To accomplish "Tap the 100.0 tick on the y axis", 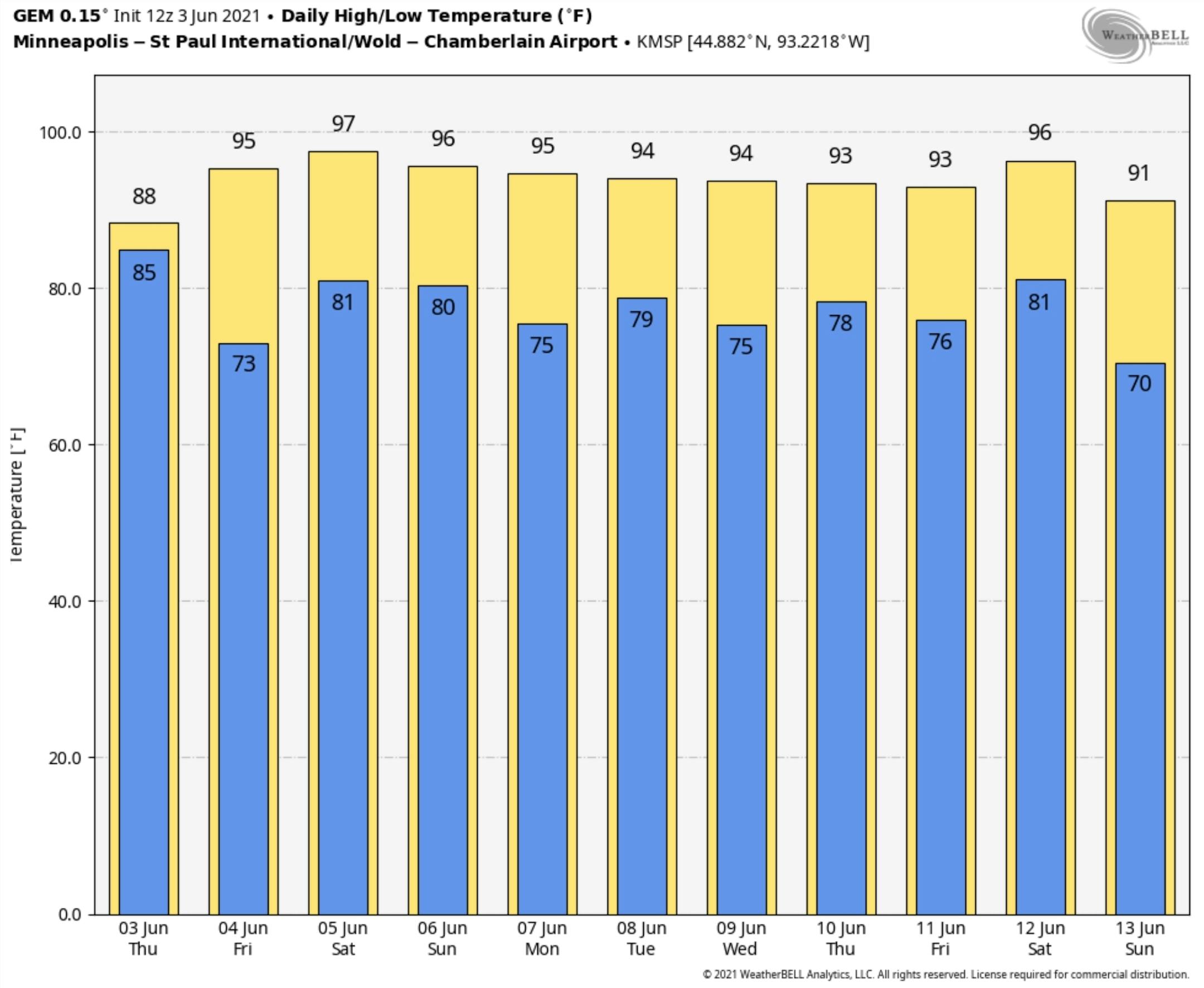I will click(60, 133).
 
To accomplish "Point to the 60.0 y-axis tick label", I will click(64, 445).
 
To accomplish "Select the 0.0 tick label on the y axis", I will click(69, 914).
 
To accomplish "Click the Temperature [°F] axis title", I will click(17, 494).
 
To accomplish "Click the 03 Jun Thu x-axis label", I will click(143, 938).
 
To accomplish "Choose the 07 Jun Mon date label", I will click(542, 938).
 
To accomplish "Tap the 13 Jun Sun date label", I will click(1140, 938).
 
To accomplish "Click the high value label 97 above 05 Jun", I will click(343, 123).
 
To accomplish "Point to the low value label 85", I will click(144, 273).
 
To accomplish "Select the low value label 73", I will click(244, 364).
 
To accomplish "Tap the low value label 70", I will click(1140, 384).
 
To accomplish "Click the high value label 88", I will click(144, 196).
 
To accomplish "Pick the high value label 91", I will click(1139, 173).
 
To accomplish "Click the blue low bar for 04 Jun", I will click(244, 626).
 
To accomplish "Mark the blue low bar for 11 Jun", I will click(941, 626).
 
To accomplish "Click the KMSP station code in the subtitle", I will click(659, 42).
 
